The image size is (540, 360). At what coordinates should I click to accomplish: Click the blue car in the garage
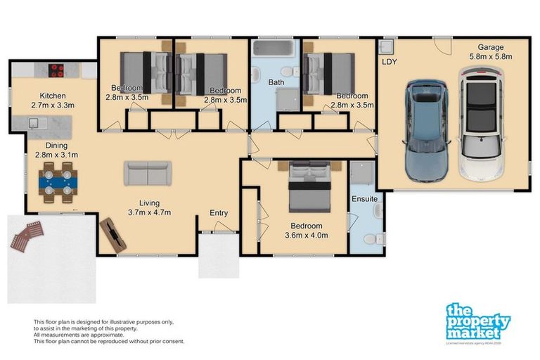coord(427,131)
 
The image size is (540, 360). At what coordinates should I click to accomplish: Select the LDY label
coord(389,61)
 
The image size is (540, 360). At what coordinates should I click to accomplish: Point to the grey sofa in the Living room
coord(147,173)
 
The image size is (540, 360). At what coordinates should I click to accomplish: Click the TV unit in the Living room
coord(112,234)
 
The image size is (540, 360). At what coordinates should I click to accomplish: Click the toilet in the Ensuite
coord(378,237)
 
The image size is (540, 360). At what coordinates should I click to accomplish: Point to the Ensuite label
coord(365,199)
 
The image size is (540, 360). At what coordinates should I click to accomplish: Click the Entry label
coord(219,213)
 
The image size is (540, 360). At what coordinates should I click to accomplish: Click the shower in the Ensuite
coord(364,174)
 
